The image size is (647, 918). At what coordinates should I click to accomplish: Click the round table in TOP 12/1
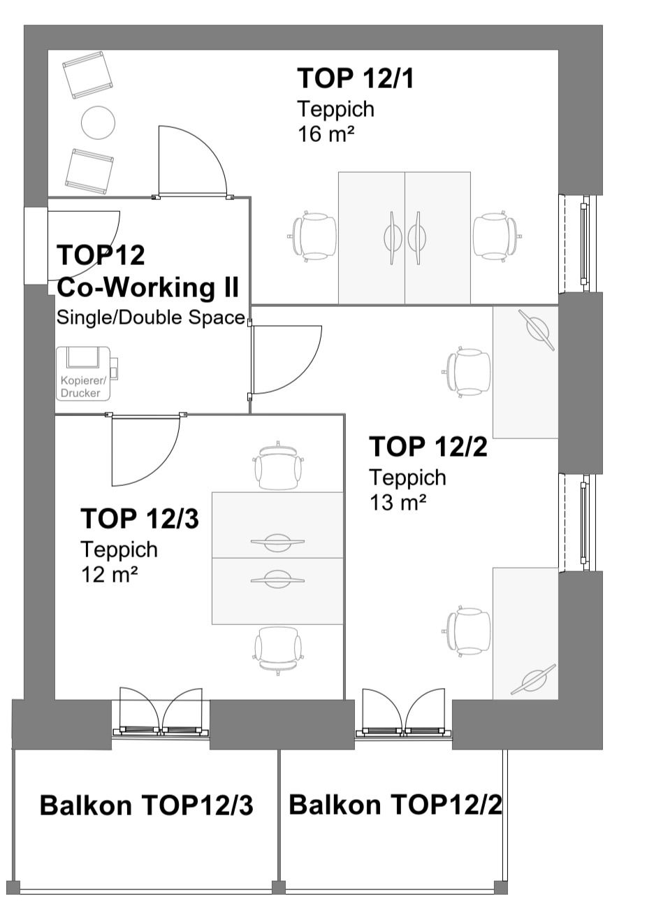click(x=99, y=122)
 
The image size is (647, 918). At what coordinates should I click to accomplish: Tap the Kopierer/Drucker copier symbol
click(x=87, y=373)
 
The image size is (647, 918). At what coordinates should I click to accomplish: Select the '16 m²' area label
click(x=326, y=134)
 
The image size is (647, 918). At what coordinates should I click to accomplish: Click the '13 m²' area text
click(x=398, y=502)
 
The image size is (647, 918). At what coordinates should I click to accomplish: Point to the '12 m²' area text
click(x=109, y=575)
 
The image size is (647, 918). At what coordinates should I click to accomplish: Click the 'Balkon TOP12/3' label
click(x=147, y=805)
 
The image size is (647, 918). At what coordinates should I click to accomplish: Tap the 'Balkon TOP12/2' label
click(x=395, y=804)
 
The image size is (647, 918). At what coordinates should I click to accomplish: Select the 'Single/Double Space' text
click(x=151, y=317)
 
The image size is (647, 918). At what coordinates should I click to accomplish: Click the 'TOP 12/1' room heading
click(x=356, y=78)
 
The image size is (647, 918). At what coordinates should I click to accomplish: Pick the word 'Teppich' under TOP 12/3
click(x=119, y=549)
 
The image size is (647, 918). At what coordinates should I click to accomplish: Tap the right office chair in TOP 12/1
click(x=496, y=236)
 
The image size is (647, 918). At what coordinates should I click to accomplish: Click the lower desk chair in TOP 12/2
click(x=467, y=631)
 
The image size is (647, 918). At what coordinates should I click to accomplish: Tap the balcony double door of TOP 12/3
click(x=161, y=712)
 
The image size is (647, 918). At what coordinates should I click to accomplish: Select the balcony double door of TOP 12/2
click(x=404, y=712)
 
